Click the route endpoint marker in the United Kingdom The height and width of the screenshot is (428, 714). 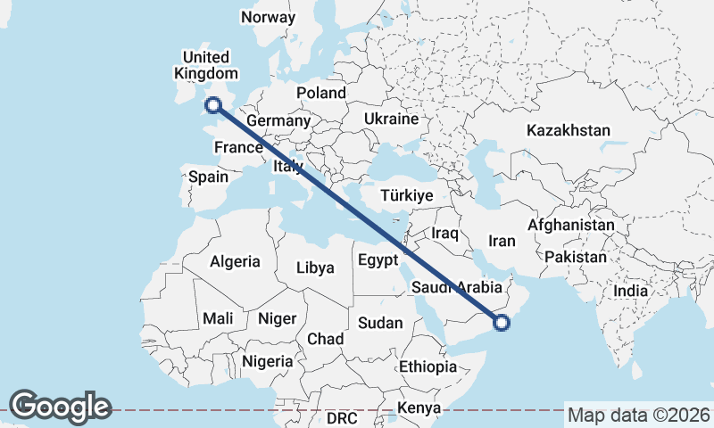[213, 106]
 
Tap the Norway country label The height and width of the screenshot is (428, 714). [268, 18]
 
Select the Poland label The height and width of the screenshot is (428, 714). [321, 93]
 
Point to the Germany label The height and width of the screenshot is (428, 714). [278, 121]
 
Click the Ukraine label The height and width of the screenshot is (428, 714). [391, 119]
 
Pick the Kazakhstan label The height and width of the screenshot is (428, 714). [569, 130]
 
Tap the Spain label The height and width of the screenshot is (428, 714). [209, 177]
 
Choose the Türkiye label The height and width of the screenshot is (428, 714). [406, 195]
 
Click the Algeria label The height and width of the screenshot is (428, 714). [235, 261]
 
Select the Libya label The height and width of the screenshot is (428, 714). [315, 267]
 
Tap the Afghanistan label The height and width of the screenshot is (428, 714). [570, 226]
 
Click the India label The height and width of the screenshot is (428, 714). [631, 291]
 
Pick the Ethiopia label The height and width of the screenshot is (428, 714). [428, 366]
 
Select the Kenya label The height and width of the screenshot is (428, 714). [419, 408]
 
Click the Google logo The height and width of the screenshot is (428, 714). [60, 407]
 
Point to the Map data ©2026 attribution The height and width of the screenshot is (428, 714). [639, 415]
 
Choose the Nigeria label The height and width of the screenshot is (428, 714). [267, 361]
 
